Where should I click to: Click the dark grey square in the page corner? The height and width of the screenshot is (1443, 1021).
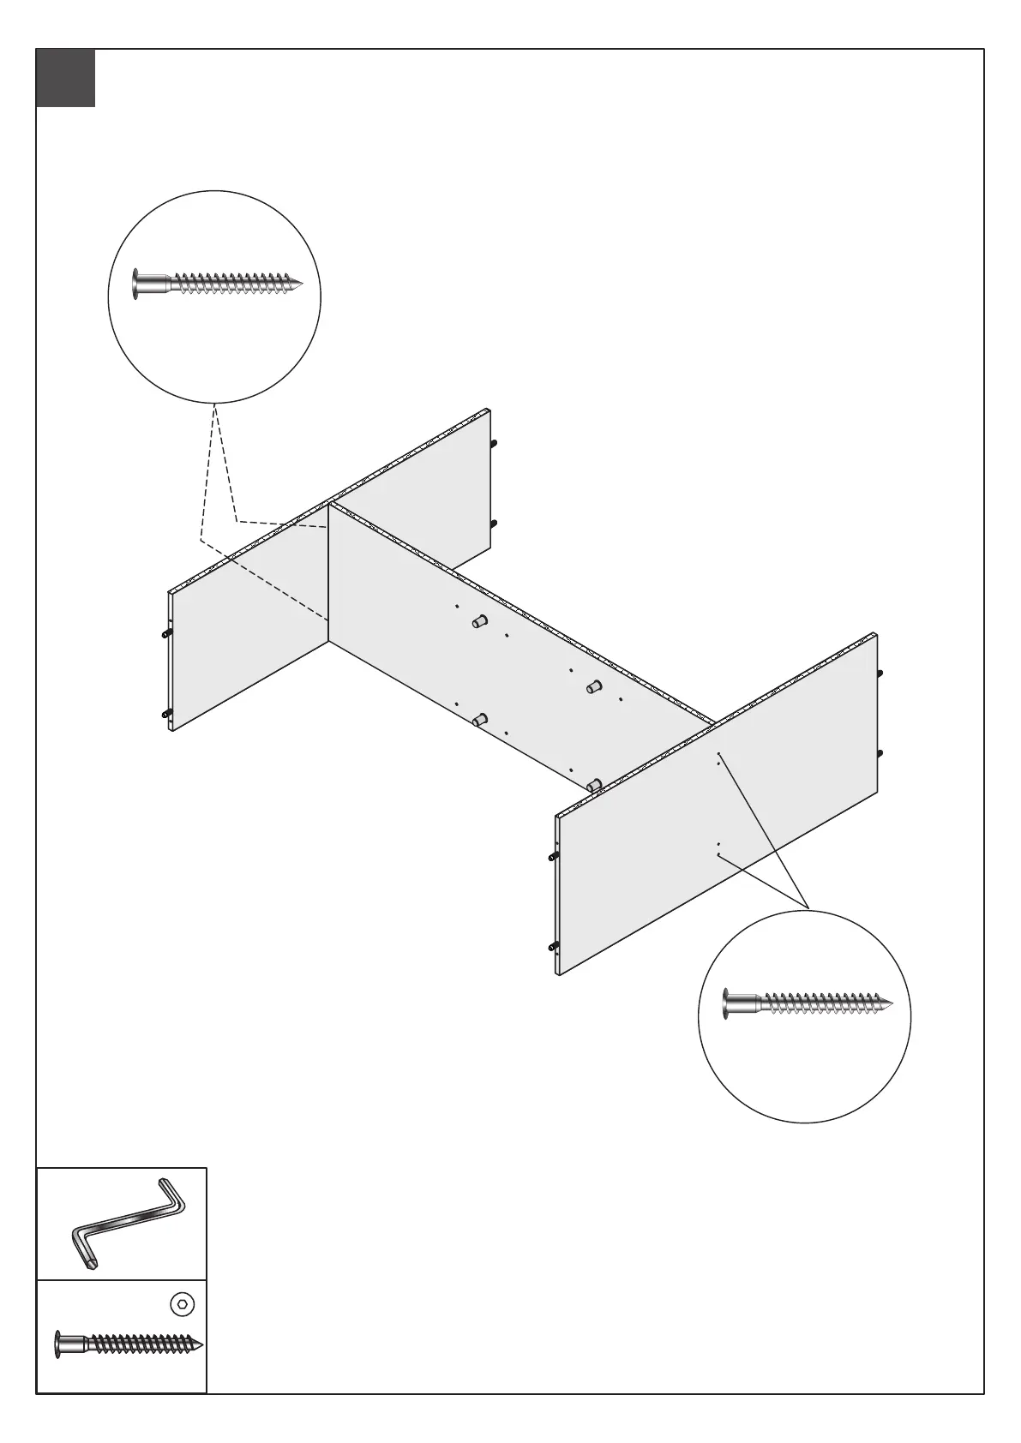[65, 78]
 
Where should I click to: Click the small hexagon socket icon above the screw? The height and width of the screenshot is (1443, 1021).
[182, 1305]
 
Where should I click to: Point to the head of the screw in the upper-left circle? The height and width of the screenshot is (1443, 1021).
[137, 283]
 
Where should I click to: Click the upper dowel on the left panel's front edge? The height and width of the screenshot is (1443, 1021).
[165, 633]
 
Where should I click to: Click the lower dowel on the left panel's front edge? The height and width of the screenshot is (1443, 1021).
[165, 714]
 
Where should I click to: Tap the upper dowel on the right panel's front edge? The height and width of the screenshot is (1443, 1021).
[553, 855]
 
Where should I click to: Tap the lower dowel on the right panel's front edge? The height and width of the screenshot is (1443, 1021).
[553, 946]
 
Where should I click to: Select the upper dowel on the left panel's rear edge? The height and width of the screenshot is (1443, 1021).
[494, 443]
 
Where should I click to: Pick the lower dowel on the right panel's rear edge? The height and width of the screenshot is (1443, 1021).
[880, 753]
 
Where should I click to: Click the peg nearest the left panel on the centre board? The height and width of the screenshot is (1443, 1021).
[479, 621]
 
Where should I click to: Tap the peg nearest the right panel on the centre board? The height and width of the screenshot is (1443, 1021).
[593, 784]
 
